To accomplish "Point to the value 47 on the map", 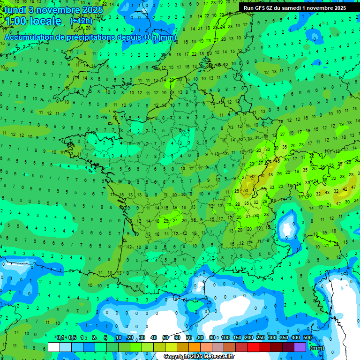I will [353, 187].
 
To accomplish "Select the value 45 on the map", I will [277, 161].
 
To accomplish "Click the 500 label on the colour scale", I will [307, 337].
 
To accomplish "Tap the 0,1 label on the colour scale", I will [61, 337].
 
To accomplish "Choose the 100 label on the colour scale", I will [225, 337].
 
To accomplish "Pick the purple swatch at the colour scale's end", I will [300, 347].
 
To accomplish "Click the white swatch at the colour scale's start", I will [54, 347].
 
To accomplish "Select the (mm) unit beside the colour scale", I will [317, 348].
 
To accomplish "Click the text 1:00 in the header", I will [14, 21].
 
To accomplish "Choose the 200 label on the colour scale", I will [249, 337].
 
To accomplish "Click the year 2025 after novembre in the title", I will [92, 10].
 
